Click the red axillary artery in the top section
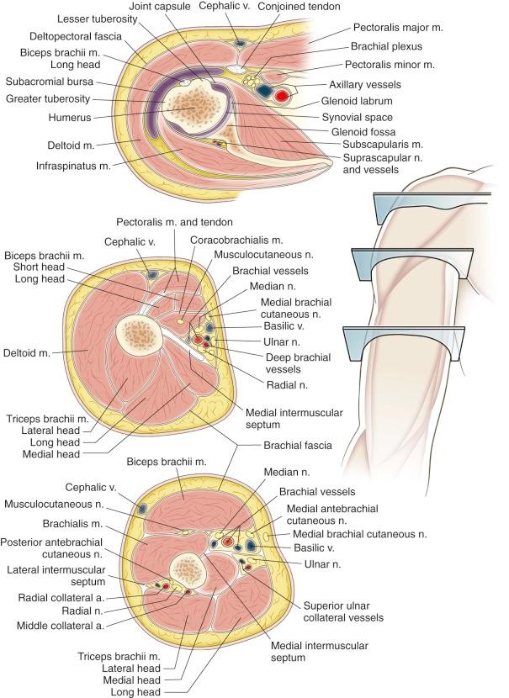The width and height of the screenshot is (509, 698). tap(282, 95)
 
